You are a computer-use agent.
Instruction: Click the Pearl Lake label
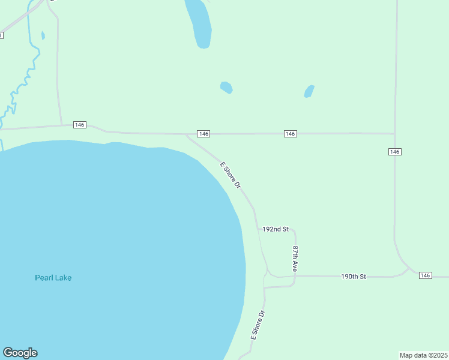tap(53, 278)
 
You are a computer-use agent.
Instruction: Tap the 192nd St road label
tap(276, 229)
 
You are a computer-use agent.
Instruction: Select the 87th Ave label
tap(295, 258)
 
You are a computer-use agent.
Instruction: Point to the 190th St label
tap(353, 277)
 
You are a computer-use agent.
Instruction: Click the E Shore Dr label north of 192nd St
tap(230, 175)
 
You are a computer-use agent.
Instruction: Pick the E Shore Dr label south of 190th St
tap(258, 325)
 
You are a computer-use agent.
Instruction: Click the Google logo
tap(20, 353)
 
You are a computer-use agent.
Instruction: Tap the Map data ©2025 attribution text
tap(424, 355)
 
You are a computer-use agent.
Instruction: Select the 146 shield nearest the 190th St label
tap(425, 275)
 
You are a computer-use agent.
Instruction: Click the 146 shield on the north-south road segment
tap(394, 152)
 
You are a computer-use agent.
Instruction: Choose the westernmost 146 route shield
tap(80, 125)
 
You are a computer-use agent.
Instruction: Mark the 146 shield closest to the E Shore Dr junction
tap(203, 133)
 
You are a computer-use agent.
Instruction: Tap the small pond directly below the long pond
tap(226, 88)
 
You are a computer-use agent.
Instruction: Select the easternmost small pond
tap(309, 91)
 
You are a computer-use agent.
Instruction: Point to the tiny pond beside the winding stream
tap(43, 35)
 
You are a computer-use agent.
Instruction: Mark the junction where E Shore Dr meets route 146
tap(187, 134)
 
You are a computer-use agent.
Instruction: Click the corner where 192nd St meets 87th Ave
tap(294, 230)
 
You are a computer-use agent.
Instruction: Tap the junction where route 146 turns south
tap(394, 133)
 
